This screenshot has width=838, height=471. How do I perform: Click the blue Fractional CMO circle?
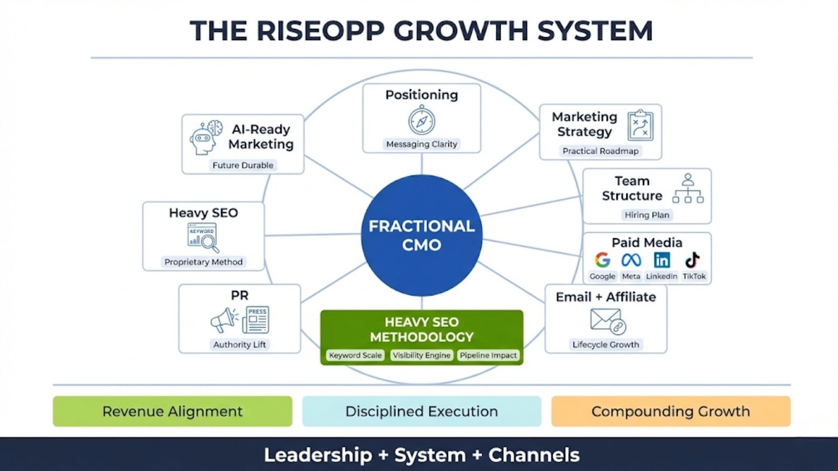tap(422, 235)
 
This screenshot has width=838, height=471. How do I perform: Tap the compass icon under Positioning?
tap(422, 120)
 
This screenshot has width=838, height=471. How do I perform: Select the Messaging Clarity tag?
tap(422, 144)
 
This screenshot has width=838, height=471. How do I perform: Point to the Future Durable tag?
tap(243, 165)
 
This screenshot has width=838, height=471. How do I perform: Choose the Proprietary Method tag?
tap(203, 262)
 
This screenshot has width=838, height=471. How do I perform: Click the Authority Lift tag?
tap(239, 344)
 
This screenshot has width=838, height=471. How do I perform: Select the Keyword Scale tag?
tap(355, 355)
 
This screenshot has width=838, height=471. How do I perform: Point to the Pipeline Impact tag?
tap(488, 355)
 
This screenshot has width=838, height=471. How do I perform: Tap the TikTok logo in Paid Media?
tap(692, 260)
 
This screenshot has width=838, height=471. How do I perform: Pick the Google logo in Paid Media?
tap(602, 260)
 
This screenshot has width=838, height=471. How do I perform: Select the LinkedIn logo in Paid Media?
tap(661, 260)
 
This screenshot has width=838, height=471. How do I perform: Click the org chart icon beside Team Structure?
tap(688, 188)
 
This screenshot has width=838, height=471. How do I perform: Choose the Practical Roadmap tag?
tap(600, 151)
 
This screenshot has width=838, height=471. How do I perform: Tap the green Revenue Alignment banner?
tap(172, 411)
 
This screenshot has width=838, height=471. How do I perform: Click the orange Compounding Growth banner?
tap(670, 411)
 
